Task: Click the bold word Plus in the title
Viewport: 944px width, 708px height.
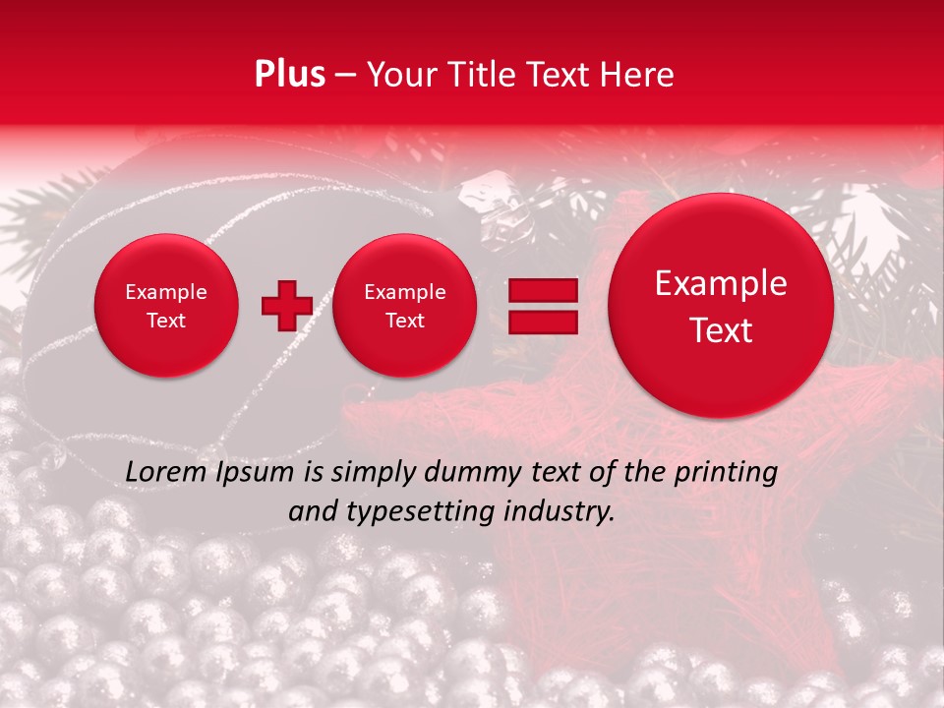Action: coord(289,75)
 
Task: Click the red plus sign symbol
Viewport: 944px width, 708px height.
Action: coord(286,306)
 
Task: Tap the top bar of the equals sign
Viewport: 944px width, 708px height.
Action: coord(543,290)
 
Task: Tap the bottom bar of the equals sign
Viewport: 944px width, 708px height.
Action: coord(543,323)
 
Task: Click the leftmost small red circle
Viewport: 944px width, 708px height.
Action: coord(165,306)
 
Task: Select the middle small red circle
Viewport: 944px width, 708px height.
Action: coord(404,306)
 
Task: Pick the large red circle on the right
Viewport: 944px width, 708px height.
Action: coord(721,306)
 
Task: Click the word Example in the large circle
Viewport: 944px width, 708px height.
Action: coord(721,283)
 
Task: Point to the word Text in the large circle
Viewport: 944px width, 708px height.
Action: coord(721,330)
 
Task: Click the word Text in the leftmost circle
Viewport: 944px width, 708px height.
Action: coord(165,321)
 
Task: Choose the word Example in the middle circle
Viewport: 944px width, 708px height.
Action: coord(404,292)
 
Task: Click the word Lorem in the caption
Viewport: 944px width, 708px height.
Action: coord(163,472)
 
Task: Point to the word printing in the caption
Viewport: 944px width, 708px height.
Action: coord(728,473)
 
